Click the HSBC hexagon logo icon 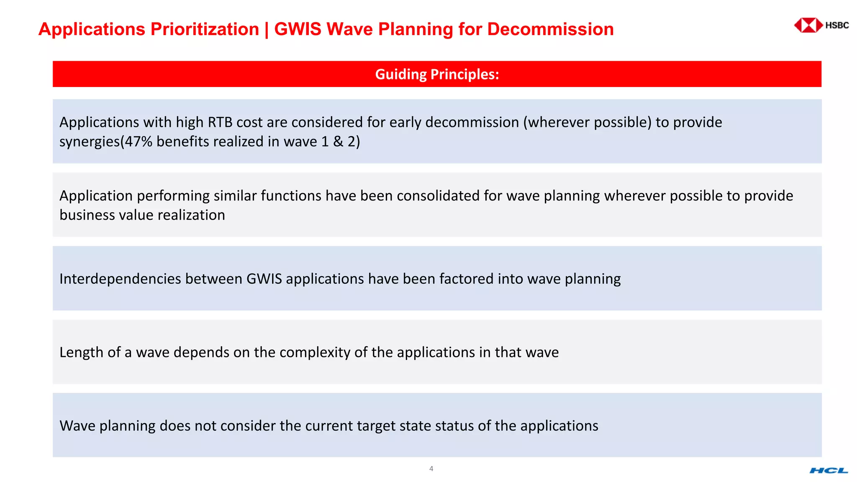point(808,25)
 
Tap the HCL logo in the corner point(829,471)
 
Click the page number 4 point(431,469)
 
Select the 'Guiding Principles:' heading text point(437,74)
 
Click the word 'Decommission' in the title point(550,29)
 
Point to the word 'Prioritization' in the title point(205,29)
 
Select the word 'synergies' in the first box point(90,142)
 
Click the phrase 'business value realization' point(142,215)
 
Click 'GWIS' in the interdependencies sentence point(264,279)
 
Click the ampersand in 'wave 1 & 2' point(338,141)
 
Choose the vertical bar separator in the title point(267,29)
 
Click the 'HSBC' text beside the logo point(837,25)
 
